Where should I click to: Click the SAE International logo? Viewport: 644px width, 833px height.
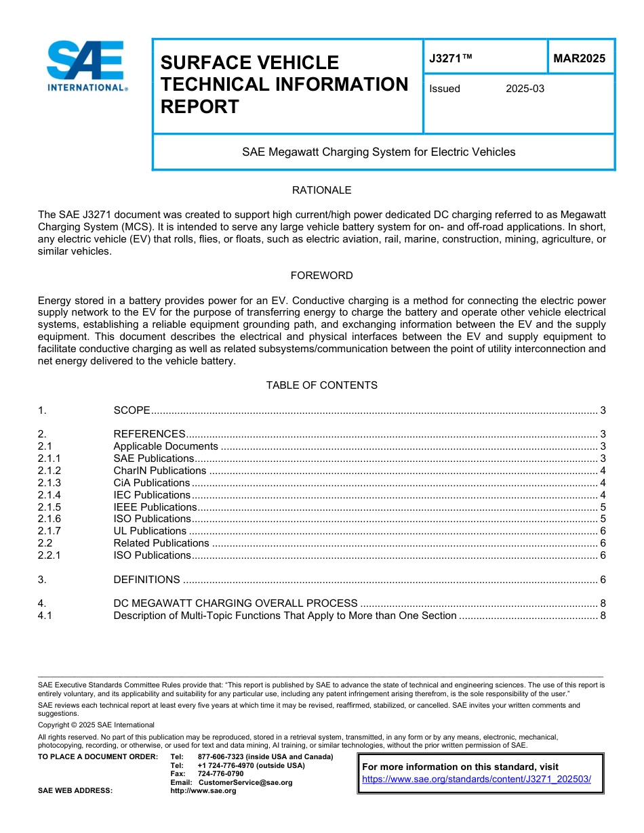pos(86,66)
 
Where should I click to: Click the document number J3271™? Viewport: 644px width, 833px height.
pos(450,58)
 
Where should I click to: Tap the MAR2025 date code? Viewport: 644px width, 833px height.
pos(579,58)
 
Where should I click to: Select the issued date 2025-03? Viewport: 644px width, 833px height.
pos(525,89)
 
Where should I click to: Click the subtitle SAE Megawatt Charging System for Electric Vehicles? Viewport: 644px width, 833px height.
pos(378,152)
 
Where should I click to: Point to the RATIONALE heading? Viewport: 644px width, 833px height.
pos(321,190)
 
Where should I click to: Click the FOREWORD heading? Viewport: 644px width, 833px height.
pos(321,276)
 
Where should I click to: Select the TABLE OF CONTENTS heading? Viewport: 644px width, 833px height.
pos(321,385)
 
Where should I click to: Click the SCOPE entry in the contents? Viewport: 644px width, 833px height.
pos(132,410)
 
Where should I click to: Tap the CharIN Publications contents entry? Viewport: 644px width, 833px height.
pos(159,471)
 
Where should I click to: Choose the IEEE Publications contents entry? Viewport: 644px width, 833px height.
pos(155,507)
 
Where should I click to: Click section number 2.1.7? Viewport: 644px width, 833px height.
pos(49,531)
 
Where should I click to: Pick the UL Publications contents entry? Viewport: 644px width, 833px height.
pos(149,531)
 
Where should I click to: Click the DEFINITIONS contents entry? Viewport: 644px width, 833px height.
pos(146,580)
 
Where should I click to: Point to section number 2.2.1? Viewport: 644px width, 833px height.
pos(49,555)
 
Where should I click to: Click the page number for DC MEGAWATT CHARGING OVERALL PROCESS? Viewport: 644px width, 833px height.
pos(602,603)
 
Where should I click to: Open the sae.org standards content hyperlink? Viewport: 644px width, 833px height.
pos(477,779)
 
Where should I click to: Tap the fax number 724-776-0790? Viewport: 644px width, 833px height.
pos(220,773)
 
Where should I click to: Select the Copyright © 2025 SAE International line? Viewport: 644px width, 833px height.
pos(96,725)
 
